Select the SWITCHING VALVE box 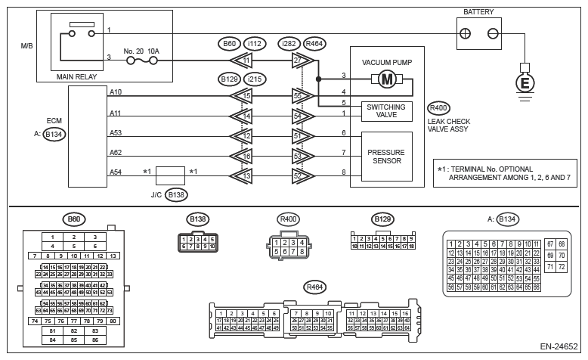[x=386, y=110]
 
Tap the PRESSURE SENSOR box [x=386, y=157]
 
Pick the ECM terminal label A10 [x=116, y=92]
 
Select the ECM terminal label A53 [x=116, y=133]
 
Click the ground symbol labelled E [x=521, y=82]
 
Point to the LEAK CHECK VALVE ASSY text [x=449, y=125]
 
